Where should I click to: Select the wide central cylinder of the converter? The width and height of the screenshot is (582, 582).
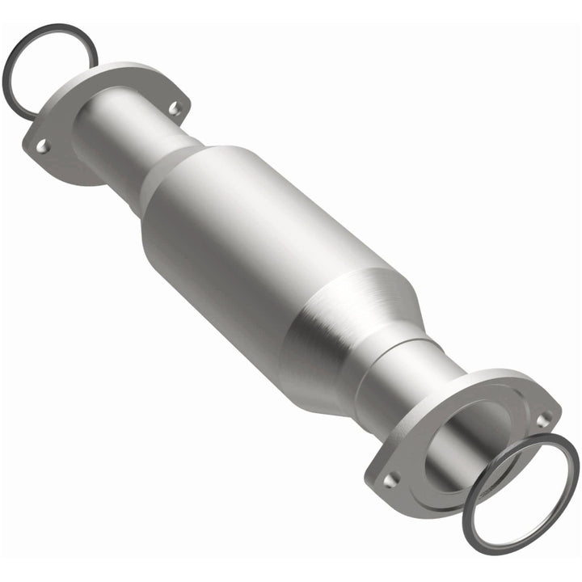tap(242, 234)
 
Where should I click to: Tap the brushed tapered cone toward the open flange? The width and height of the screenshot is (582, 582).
tap(339, 323)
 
